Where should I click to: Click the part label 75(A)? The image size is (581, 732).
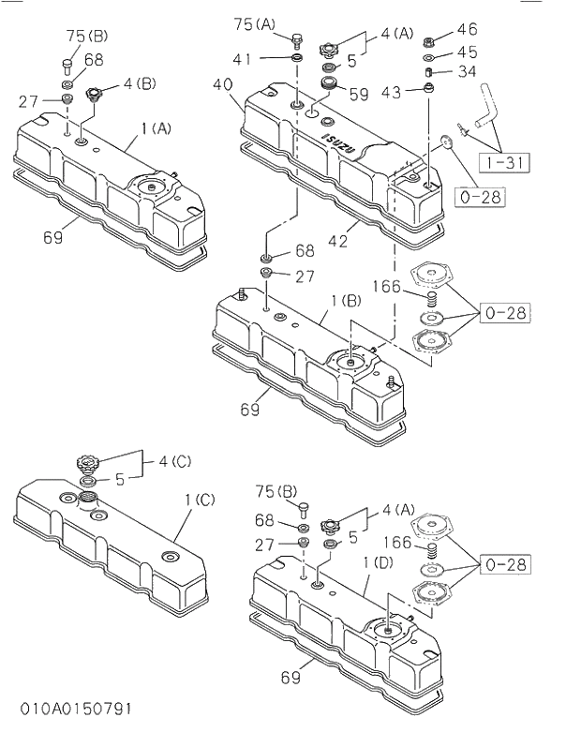[x=255, y=24]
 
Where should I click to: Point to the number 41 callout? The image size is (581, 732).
[x=243, y=59]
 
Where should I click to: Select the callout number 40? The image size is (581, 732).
[x=222, y=84]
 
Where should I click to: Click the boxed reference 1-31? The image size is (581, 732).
[x=505, y=162]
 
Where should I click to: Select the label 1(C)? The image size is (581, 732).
[x=199, y=500]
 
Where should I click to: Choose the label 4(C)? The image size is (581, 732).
[x=174, y=460]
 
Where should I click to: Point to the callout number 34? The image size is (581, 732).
[x=467, y=71]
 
